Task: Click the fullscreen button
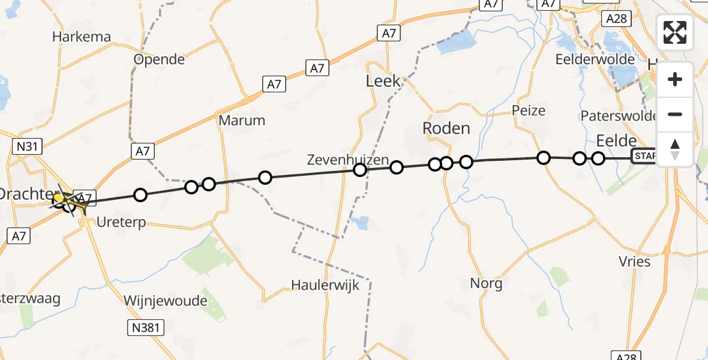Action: click(x=675, y=32)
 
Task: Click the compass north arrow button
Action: click(x=675, y=149)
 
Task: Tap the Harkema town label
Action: click(x=82, y=37)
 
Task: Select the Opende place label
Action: click(x=159, y=60)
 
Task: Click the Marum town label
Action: click(x=242, y=120)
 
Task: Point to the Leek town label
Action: click(x=383, y=81)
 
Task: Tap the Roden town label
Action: click(x=446, y=128)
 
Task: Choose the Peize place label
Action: click(x=529, y=110)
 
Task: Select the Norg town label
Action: click(x=486, y=283)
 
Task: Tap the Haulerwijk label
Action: click(x=325, y=285)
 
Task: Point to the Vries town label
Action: click(x=634, y=261)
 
